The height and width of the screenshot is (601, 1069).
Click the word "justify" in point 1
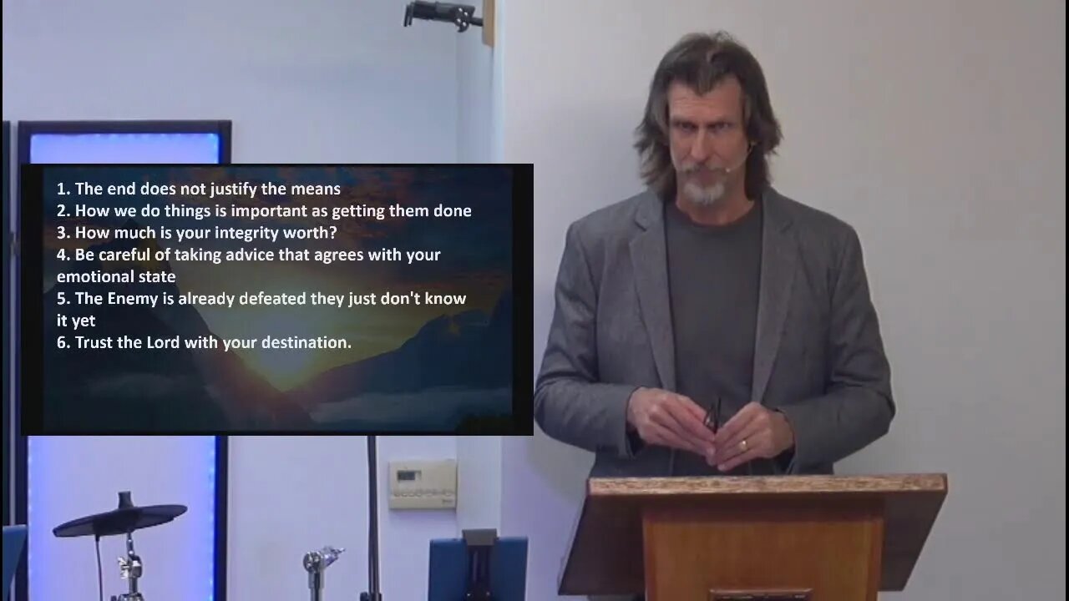[x=233, y=189]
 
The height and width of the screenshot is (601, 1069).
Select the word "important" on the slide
[x=269, y=211]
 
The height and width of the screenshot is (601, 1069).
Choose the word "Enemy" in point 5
[x=132, y=299]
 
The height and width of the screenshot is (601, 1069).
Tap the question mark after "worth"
[x=333, y=233]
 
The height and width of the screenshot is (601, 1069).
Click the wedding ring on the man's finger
[x=743, y=446]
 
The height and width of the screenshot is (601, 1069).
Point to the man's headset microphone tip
[x=727, y=169]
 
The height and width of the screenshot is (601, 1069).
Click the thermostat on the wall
[x=422, y=484]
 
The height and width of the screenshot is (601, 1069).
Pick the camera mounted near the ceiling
[x=442, y=15]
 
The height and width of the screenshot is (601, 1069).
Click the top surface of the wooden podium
[x=768, y=486]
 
